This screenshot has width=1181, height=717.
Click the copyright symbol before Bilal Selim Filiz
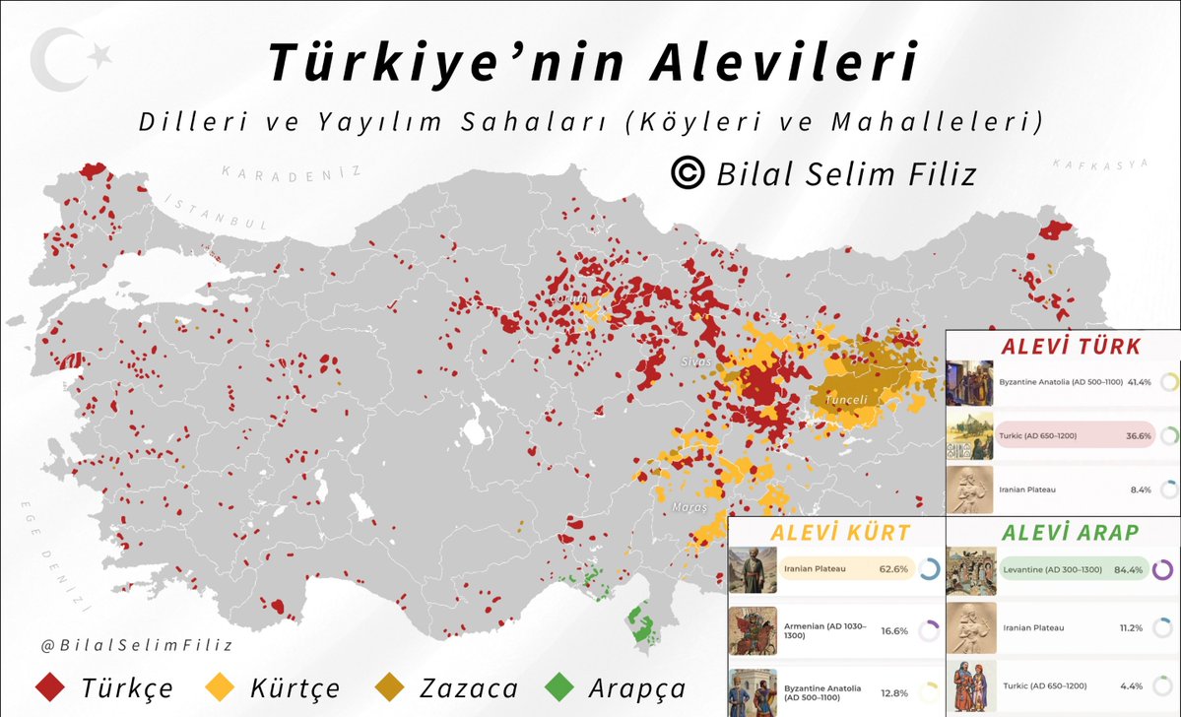tap(687, 173)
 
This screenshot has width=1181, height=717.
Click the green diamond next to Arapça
tap(560, 687)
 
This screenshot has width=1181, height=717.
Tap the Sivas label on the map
tap(695, 361)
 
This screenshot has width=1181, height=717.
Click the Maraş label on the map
tap(689, 507)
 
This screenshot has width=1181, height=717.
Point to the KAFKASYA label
tap(1100, 163)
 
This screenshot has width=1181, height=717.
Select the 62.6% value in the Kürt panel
tap(893, 569)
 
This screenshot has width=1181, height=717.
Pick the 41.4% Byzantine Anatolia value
tap(1140, 379)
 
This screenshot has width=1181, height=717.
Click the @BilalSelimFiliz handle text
tap(123, 645)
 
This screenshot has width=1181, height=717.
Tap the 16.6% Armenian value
tap(893, 630)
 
